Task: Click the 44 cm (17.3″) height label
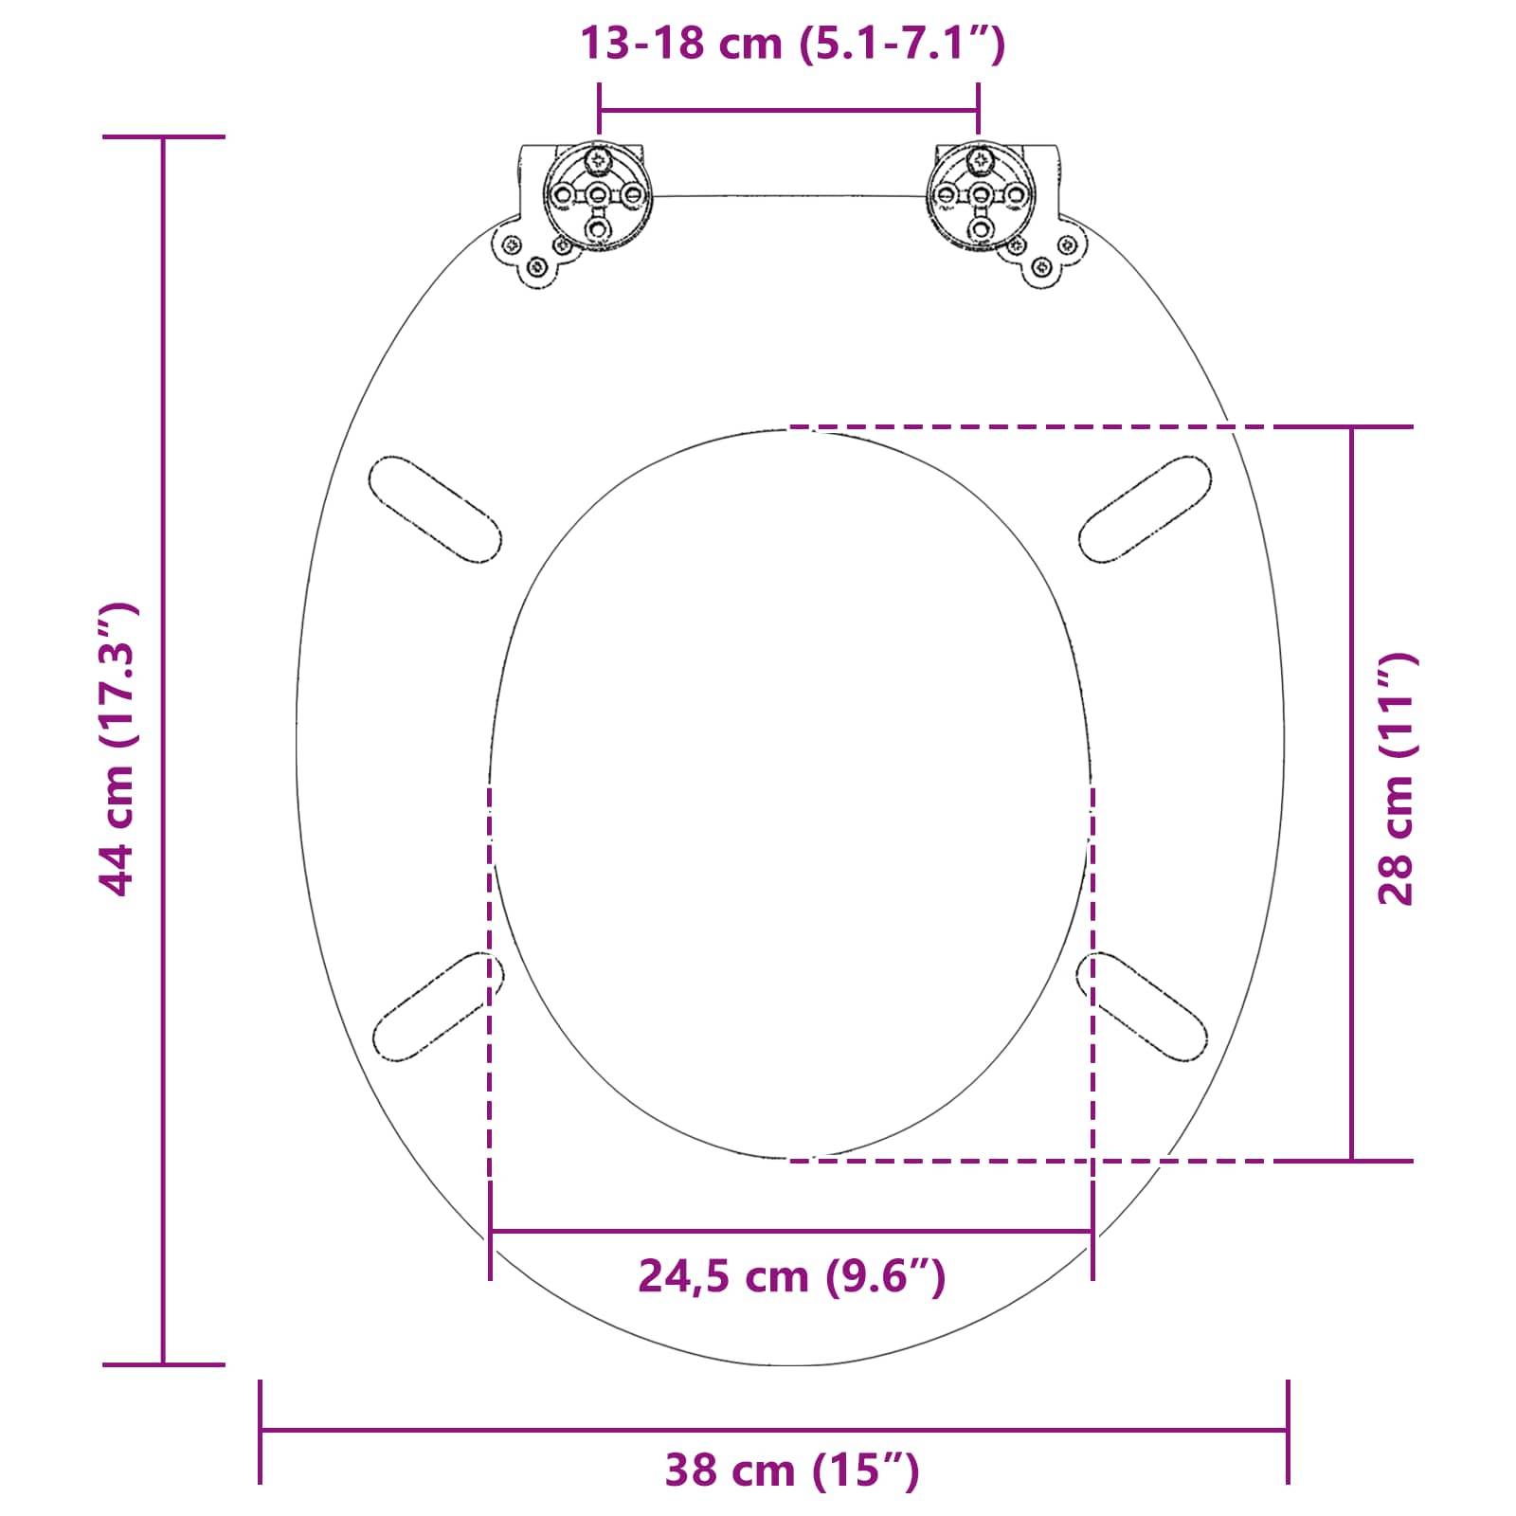tap(120, 749)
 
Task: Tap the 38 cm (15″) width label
tap(791, 1471)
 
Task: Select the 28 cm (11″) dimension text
tap(1395, 779)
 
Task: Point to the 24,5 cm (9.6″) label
tap(791, 1276)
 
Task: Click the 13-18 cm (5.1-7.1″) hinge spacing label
tap(791, 44)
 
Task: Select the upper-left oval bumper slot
tap(435, 510)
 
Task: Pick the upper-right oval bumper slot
tap(1145, 510)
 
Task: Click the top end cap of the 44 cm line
tap(163, 137)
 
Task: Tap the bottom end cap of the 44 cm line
tap(163, 1364)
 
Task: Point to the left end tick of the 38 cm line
tap(261, 1431)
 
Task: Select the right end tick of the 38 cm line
tap(1288, 1431)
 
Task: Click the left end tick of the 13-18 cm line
tap(599, 109)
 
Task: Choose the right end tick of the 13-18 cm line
tap(979, 109)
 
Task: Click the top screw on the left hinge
tap(598, 160)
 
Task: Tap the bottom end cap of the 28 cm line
tap(1352, 1160)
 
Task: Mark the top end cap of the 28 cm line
tap(1352, 427)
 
